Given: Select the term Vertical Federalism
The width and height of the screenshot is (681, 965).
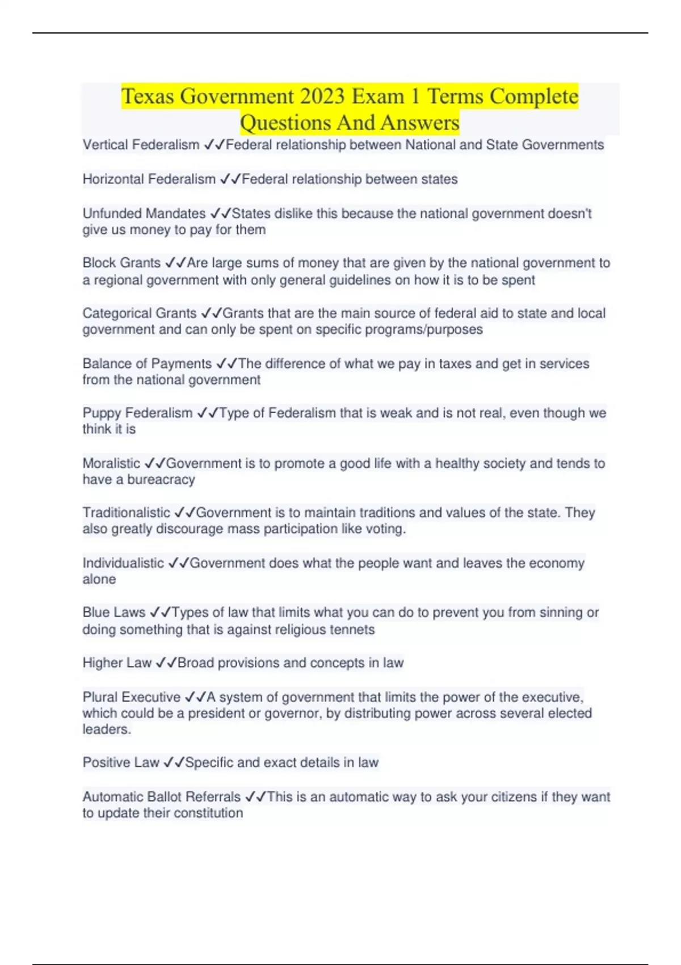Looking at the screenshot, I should [141, 145].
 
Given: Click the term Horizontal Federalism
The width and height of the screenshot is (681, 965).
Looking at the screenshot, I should [149, 179].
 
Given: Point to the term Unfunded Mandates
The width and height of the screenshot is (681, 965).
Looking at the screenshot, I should [144, 213].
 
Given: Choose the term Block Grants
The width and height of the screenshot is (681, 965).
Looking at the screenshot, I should [121, 263].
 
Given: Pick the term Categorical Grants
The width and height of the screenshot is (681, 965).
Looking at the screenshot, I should [140, 313].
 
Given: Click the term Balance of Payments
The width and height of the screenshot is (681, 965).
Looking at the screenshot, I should [147, 363].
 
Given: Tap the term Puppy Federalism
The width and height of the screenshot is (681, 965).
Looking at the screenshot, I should [137, 413].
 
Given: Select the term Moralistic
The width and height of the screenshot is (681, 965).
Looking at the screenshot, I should [111, 463].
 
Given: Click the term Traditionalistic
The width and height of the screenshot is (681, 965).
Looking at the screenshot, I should [126, 513].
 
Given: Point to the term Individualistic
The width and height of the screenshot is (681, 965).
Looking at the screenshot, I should [123, 563].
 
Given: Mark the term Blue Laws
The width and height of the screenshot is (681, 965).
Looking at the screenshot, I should [114, 612].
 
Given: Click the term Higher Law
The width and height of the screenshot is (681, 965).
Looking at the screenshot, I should [117, 662].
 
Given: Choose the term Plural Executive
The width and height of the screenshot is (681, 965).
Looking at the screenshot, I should [131, 697].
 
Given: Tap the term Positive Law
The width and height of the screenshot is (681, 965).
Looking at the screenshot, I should [121, 762].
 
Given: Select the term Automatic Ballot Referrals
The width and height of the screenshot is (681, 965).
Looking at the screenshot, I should [162, 797].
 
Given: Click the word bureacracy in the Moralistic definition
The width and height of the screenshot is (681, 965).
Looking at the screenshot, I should [161, 480].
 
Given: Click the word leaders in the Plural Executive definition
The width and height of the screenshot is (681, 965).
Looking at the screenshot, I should [106, 729].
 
